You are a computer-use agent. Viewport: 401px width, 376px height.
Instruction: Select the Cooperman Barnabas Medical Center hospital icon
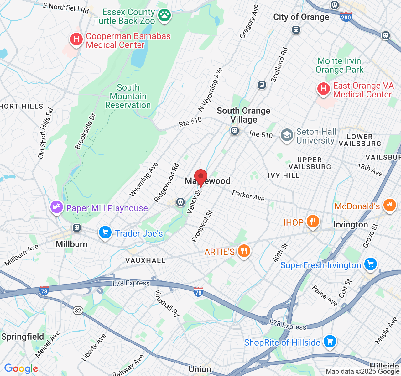tap(76, 40)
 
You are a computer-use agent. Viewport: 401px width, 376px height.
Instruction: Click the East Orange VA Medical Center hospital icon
tap(324, 89)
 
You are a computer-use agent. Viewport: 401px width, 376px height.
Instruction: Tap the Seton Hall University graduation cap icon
tap(287, 136)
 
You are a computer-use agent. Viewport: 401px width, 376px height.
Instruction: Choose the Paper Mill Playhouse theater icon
tap(57, 207)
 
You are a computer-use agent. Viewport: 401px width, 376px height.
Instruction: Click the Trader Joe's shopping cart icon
tap(105, 233)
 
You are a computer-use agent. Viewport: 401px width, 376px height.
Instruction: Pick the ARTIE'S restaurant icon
tap(243, 251)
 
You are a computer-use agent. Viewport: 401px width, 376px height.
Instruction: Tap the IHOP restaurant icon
tap(313, 222)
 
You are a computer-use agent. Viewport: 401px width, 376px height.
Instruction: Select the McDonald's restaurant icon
tap(389, 206)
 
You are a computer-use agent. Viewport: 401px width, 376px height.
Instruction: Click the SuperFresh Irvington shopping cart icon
tap(371, 264)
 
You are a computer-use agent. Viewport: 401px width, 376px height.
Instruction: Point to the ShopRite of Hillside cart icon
tap(329, 342)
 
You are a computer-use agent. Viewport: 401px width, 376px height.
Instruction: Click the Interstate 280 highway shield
tap(346, 17)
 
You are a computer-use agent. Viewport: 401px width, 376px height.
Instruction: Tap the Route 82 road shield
tap(78, 311)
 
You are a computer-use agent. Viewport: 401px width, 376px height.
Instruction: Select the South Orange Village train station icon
tap(234, 131)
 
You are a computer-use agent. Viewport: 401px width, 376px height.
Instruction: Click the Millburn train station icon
tap(77, 228)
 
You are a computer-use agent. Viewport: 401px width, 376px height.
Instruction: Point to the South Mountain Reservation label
tap(128, 96)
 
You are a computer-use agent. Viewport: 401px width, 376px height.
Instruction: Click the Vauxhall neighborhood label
tap(145, 260)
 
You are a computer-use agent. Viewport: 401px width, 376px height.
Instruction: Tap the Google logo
tap(21, 368)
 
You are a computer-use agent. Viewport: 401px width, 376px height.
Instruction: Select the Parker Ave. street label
tap(249, 196)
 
